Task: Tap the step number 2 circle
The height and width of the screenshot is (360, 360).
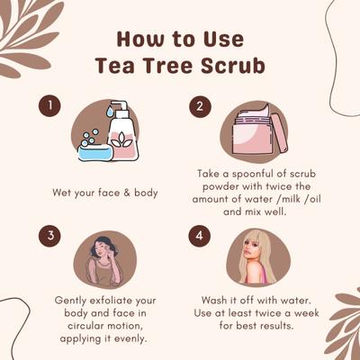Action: click(200, 107)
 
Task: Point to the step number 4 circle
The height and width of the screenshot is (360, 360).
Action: click(200, 237)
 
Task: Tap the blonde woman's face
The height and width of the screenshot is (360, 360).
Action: click(253, 255)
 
